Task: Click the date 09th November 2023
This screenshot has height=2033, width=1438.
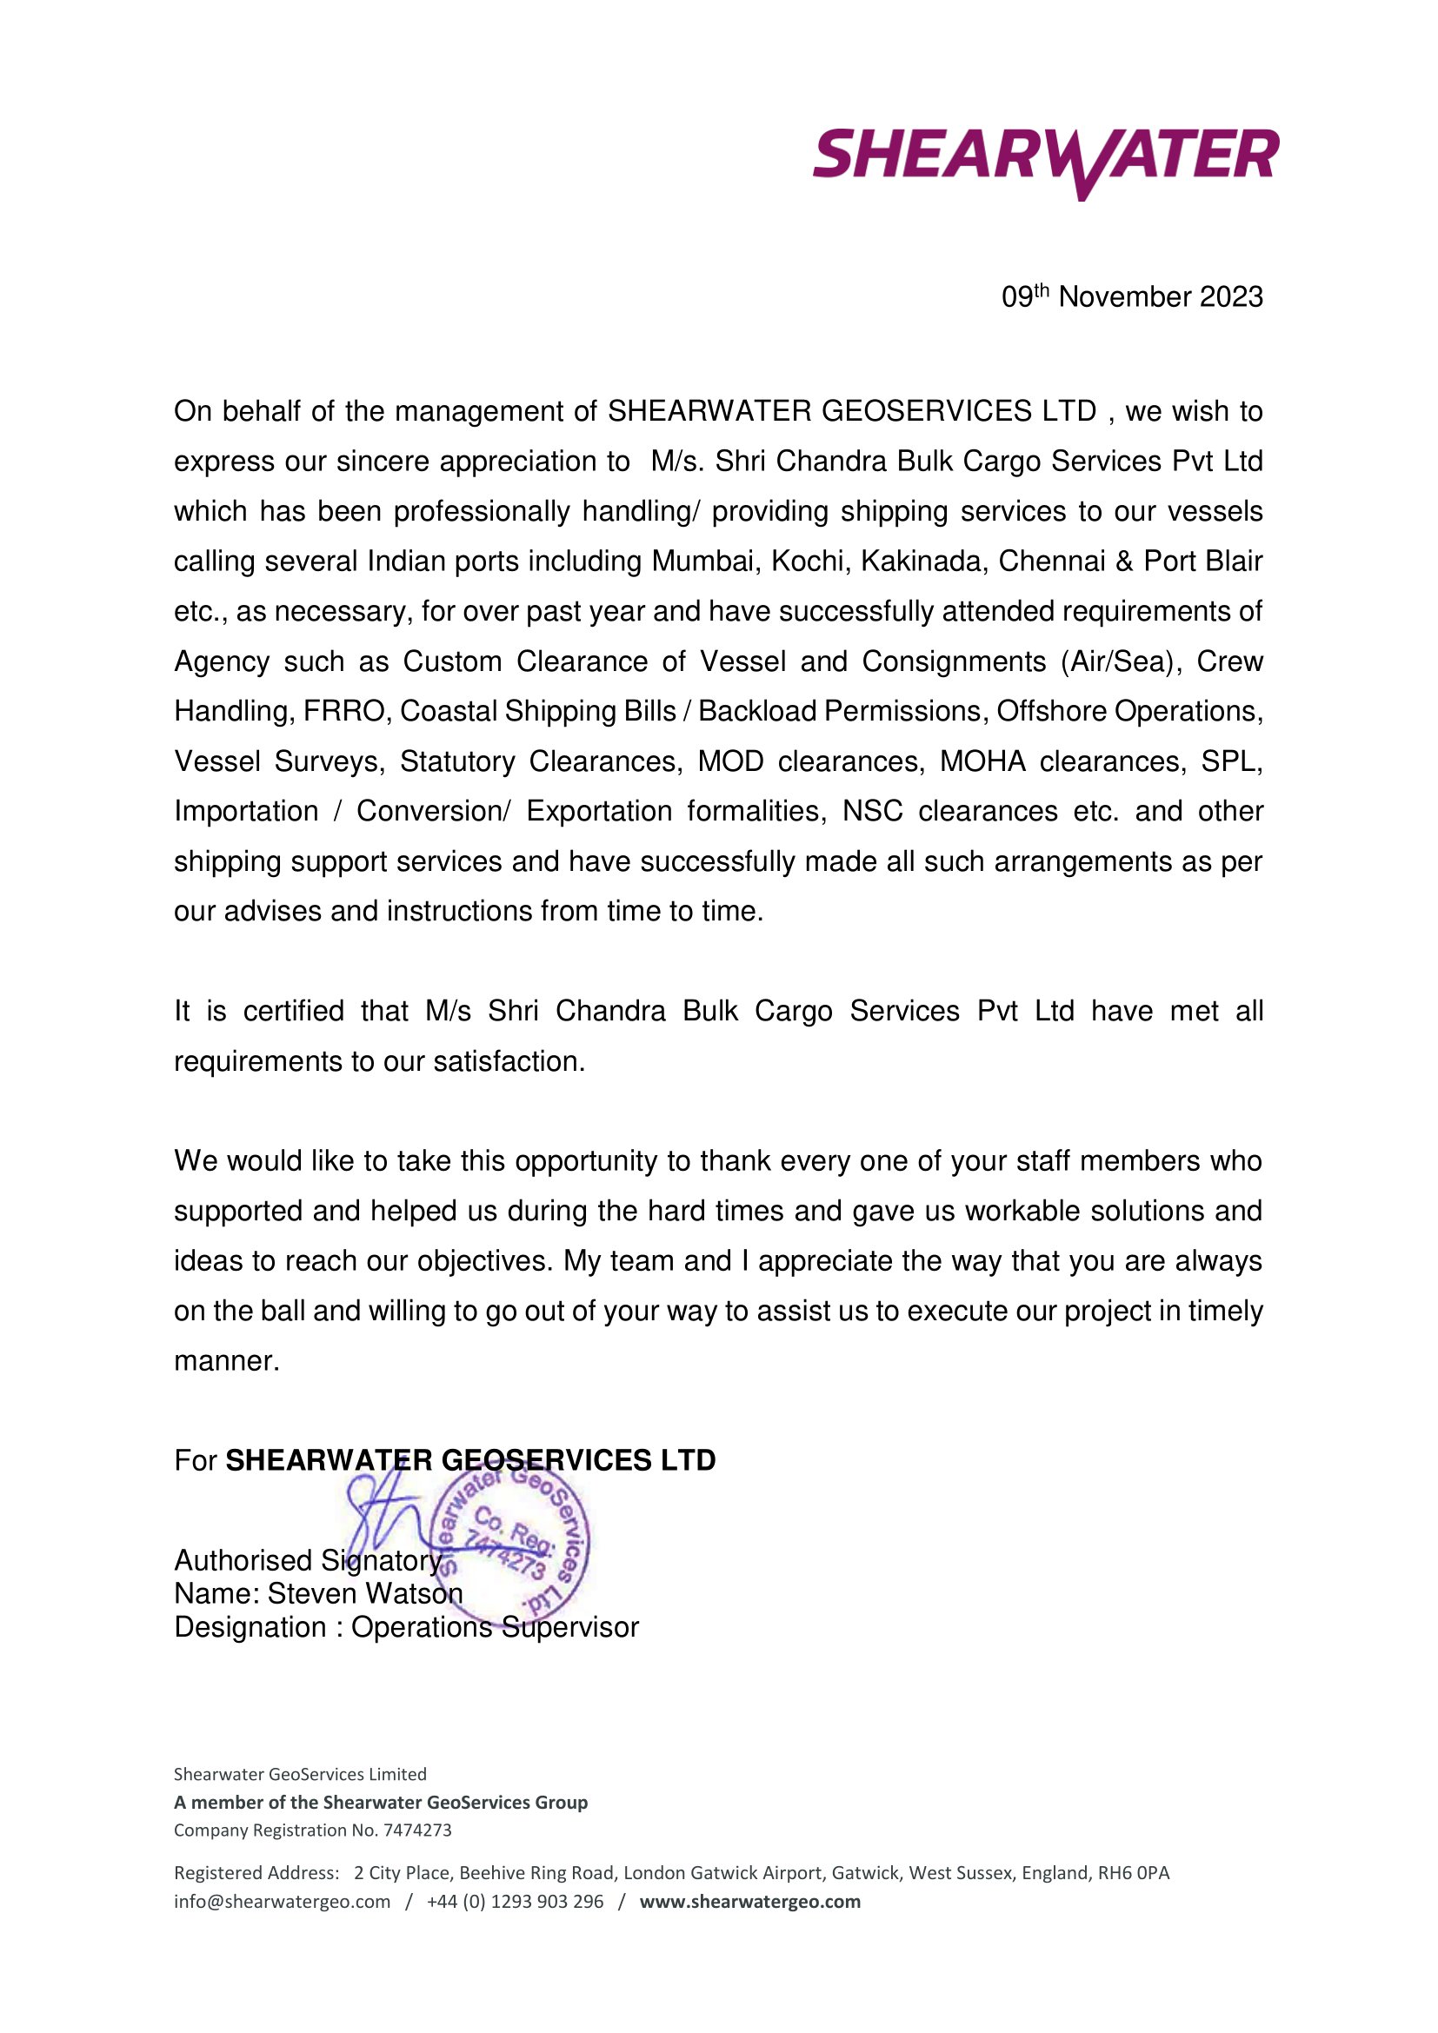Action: (1132, 297)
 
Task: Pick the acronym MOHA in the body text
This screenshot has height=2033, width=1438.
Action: (982, 761)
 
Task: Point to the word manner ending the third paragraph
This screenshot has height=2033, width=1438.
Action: (226, 1361)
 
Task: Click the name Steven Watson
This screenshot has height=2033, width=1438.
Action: (365, 1594)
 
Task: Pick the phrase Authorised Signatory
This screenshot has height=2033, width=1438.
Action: (307, 1560)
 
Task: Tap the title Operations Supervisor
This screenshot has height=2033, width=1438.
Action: (494, 1627)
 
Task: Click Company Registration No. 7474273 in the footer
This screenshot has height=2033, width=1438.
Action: (313, 1830)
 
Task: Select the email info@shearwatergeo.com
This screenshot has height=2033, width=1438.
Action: (282, 1901)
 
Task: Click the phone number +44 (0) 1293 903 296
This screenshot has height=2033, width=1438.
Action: (515, 1901)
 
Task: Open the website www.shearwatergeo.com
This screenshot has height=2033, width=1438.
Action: (749, 1901)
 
